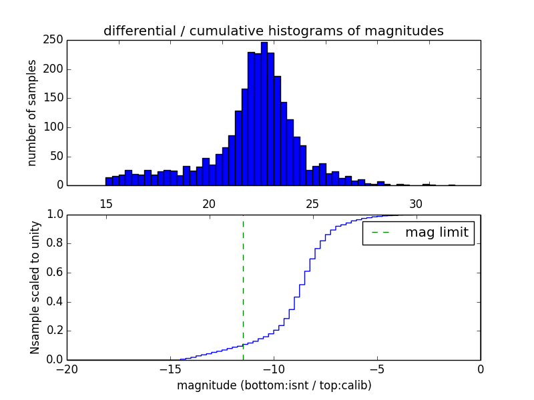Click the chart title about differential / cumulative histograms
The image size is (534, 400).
[x=273, y=31]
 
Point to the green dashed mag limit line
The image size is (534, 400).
[x=243, y=287]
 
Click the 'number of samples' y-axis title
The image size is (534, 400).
[x=31, y=113]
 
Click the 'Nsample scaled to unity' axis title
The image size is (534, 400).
[x=35, y=287]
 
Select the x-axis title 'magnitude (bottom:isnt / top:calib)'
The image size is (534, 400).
[x=274, y=385]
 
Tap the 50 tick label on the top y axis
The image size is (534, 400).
[x=57, y=156]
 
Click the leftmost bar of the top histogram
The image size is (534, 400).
[x=109, y=181]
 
